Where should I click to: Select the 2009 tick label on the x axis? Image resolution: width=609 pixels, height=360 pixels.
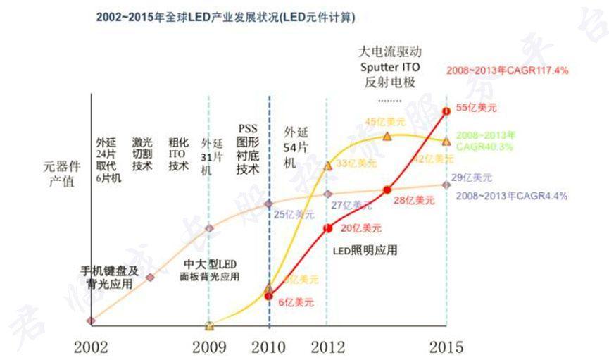pyautogui.click(x=209, y=347)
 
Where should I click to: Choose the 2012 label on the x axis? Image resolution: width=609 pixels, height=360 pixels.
pyautogui.click(x=327, y=347)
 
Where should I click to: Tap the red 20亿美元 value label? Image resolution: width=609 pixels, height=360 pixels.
pyautogui.click(x=361, y=228)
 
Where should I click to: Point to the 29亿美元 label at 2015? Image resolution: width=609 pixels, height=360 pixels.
pyautogui.click(x=472, y=178)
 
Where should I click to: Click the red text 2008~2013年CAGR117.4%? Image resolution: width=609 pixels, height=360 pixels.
pyautogui.click(x=507, y=70)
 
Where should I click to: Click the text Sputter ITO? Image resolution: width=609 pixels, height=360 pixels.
pyautogui.click(x=390, y=67)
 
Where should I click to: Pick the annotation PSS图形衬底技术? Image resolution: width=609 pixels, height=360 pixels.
pyautogui.click(x=249, y=149)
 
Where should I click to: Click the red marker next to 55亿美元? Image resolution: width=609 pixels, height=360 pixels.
pyautogui.click(x=446, y=111)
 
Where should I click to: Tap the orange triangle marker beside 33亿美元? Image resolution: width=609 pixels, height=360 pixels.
pyautogui.click(x=327, y=166)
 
